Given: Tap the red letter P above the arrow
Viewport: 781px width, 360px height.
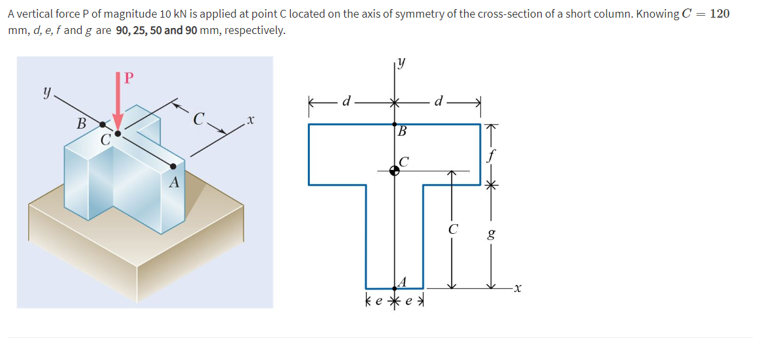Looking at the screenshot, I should click(128, 78).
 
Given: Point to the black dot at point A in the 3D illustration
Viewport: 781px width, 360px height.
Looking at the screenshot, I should click(173, 167).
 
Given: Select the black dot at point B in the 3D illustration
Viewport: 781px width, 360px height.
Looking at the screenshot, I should click(103, 123).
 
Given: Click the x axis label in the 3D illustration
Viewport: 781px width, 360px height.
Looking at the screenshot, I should click(250, 121).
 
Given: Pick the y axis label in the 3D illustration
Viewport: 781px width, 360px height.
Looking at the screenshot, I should click(46, 93).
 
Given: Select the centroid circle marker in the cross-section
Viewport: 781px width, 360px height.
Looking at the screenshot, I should click(395, 171).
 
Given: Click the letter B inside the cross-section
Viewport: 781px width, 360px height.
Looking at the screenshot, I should click(403, 131).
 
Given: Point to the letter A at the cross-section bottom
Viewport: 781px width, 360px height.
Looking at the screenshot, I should click(403, 282).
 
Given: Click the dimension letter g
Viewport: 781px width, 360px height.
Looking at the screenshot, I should click(491, 233).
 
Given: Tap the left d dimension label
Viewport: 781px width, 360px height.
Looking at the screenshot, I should click(348, 102).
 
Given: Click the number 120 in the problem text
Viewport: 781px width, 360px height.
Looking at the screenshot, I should click(719, 14).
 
